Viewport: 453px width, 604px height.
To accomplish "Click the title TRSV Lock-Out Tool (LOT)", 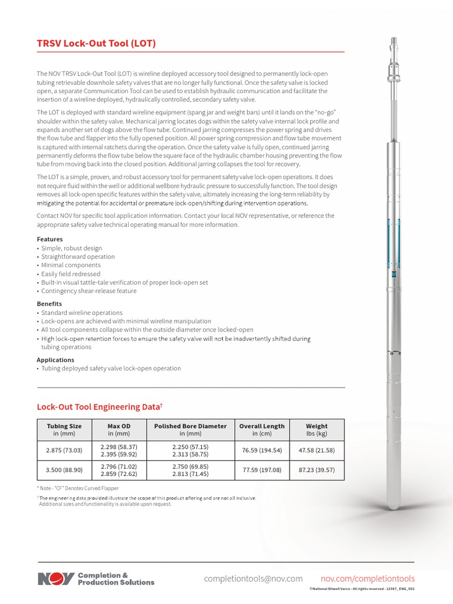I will click(96, 44).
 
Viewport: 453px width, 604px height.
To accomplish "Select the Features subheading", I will click(50, 239).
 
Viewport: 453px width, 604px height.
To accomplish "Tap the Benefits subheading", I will click(50, 304).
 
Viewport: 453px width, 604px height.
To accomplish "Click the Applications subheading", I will click(55, 360).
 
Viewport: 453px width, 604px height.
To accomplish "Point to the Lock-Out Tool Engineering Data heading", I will click(99, 407).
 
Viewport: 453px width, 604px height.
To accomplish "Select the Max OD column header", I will click(119, 429).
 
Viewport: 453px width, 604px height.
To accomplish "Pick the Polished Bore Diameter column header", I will click(190, 429).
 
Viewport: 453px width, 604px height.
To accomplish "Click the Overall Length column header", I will click(261, 429).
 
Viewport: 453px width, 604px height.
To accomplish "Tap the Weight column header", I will click(317, 429).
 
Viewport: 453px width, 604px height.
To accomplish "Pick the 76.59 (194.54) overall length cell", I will click(261, 451).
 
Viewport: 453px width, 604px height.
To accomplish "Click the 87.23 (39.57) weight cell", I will click(317, 470).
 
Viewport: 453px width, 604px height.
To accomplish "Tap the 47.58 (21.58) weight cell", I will click(317, 451).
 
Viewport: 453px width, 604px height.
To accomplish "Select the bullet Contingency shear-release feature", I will click(88, 291).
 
